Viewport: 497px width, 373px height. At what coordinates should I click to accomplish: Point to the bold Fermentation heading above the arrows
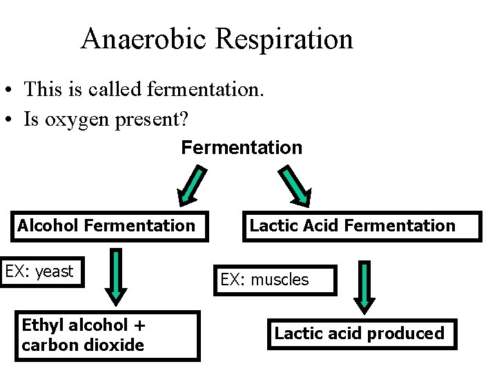[x=242, y=148]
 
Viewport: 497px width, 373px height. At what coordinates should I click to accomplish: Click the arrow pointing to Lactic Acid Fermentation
[x=295, y=186]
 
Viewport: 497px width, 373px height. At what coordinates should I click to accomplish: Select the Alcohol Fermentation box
[x=107, y=226]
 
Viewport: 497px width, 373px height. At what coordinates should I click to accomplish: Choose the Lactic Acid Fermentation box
[x=362, y=226]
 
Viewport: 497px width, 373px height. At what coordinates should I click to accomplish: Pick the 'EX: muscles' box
[x=275, y=280]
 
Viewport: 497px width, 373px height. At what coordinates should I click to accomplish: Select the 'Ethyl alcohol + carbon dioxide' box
[x=108, y=336]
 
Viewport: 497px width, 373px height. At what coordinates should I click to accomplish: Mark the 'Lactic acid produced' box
[x=362, y=334]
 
